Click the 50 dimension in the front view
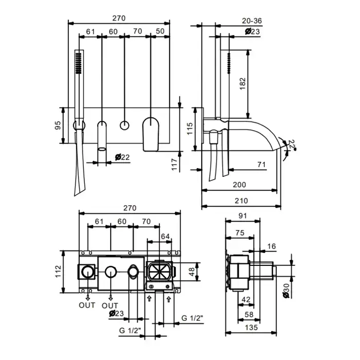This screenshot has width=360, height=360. [160, 31]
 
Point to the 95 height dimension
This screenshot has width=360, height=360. [58, 125]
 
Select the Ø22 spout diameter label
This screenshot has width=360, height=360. [122, 157]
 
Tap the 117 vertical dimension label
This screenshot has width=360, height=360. [175, 165]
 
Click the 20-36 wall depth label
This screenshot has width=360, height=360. [252, 21]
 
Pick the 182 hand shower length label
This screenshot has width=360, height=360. [242, 83]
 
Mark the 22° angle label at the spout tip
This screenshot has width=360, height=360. [291, 145]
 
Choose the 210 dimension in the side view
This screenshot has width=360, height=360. [241, 201]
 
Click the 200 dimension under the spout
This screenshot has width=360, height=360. [239, 185]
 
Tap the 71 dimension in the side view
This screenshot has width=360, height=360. [261, 165]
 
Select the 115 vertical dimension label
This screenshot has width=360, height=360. [190, 129]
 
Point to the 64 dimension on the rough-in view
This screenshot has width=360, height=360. [165, 236]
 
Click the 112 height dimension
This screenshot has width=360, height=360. [58, 272]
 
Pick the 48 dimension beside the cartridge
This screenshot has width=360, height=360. [192, 272]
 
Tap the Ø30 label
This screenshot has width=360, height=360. [286, 291]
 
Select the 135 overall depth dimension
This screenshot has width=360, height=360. [251, 328]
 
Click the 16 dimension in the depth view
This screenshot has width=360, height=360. [272, 246]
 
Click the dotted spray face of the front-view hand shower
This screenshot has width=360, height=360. [79, 63]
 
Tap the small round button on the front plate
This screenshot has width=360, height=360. [124, 125]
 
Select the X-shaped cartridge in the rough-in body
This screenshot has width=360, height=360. [159, 272]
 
